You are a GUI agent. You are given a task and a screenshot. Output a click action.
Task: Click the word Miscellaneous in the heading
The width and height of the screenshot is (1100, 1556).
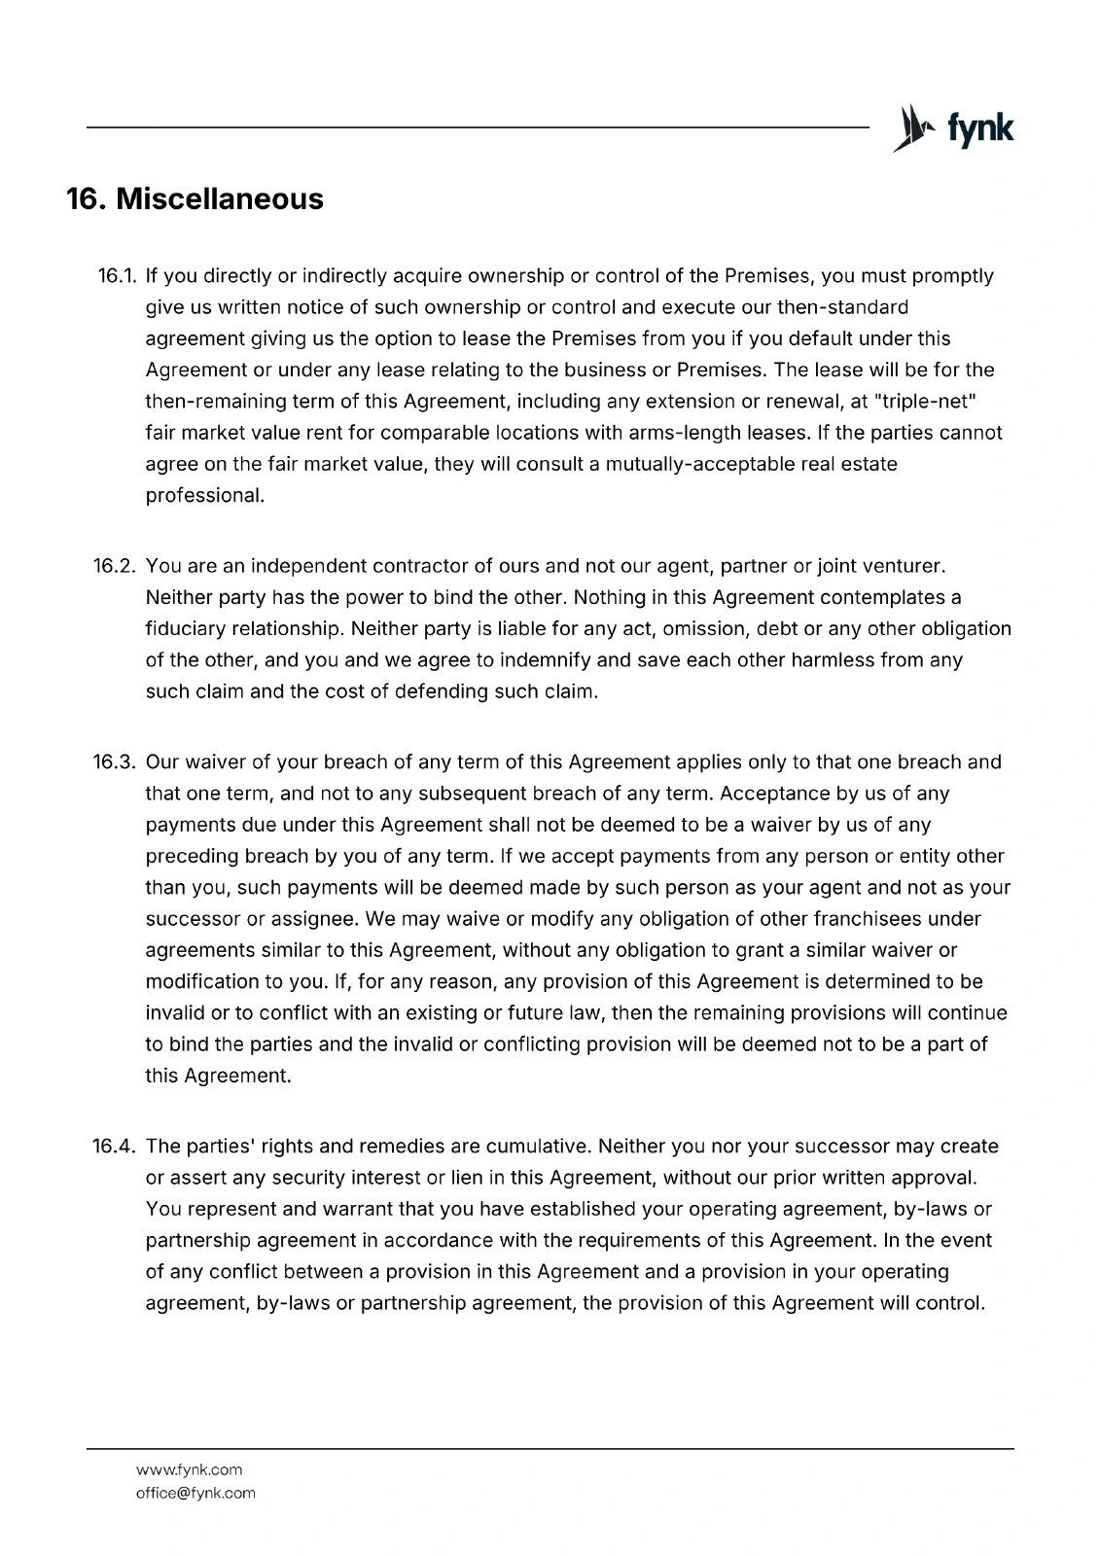pyautogui.click(x=220, y=199)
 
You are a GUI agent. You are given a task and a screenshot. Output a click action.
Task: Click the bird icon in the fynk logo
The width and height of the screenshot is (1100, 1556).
pyautogui.click(x=909, y=128)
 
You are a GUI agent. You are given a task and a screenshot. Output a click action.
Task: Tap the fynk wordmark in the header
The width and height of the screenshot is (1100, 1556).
pyautogui.click(x=979, y=128)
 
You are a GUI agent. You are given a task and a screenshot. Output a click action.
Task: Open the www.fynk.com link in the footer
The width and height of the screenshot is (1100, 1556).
pyautogui.click(x=190, y=1469)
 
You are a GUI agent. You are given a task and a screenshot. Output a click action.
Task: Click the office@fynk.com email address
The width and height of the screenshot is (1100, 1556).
pyautogui.click(x=195, y=1493)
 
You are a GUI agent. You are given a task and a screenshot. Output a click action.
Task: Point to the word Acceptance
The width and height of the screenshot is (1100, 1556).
pyautogui.click(x=772, y=794)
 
